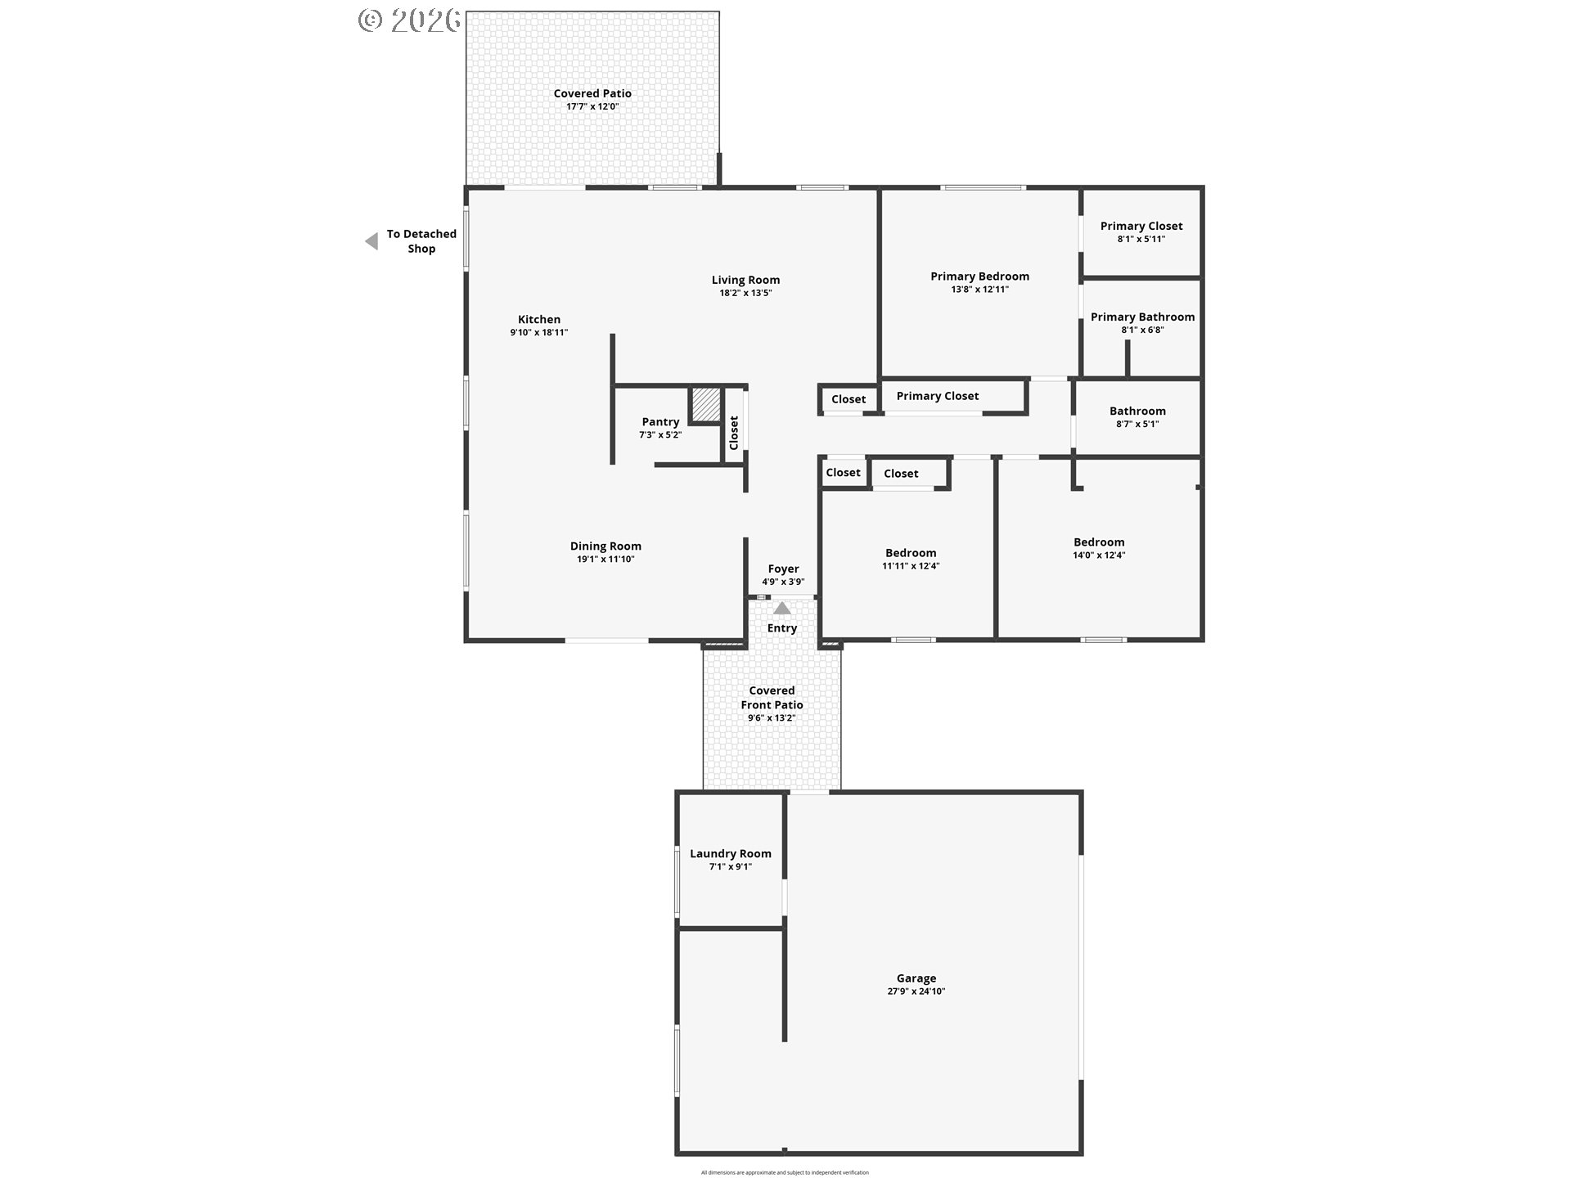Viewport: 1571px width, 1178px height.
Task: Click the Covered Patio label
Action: click(x=592, y=93)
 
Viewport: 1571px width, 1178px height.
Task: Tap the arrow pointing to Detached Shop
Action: click(x=371, y=241)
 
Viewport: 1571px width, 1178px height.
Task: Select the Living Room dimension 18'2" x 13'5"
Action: click(x=745, y=293)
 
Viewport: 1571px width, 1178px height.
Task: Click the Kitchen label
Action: click(x=539, y=320)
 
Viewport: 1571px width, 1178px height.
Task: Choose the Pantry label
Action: click(x=660, y=422)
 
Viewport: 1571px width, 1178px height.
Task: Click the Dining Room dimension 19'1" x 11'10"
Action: click(x=605, y=560)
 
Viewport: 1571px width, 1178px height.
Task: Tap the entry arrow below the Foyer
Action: click(x=782, y=609)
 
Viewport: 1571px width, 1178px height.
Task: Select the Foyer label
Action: click(x=783, y=569)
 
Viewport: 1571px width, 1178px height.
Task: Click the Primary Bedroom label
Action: click(x=979, y=277)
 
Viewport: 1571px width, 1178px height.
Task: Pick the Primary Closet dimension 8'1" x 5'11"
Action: click(x=1141, y=240)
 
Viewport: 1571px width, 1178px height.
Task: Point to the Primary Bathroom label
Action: click(x=1142, y=317)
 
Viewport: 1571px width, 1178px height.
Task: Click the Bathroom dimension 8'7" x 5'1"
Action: click(x=1137, y=425)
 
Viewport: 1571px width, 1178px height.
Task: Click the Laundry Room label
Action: click(x=730, y=853)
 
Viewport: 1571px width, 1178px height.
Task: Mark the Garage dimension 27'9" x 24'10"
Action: click(x=916, y=991)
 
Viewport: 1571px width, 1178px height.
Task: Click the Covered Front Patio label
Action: click(x=772, y=698)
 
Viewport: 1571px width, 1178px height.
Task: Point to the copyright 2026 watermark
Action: click(x=410, y=20)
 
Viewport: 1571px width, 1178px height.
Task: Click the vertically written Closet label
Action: click(x=734, y=433)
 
